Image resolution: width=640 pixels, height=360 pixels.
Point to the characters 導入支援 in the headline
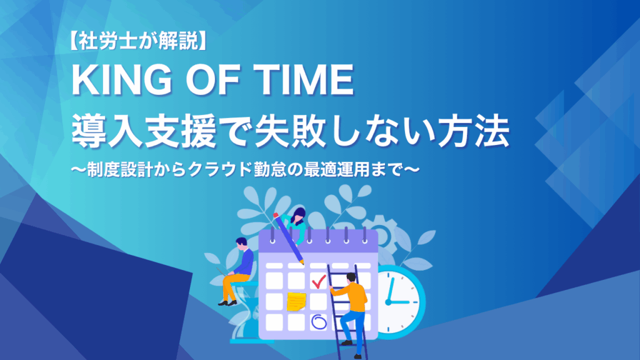pyautogui.click(x=143, y=131)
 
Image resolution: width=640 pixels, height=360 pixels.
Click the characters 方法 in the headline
pyautogui.click(x=473, y=131)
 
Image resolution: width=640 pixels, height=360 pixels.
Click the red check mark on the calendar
pyautogui.click(x=318, y=281)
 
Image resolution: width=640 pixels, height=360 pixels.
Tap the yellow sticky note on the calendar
pyautogui.click(x=296, y=302)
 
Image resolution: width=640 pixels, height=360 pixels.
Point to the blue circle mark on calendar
pyautogui.click(x=319, y=322)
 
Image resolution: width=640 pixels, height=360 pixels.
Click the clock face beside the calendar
pyautogui.click(x=399, y=302)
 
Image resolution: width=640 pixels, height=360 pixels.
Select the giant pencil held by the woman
pyautogui.click(x=289, y=238)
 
